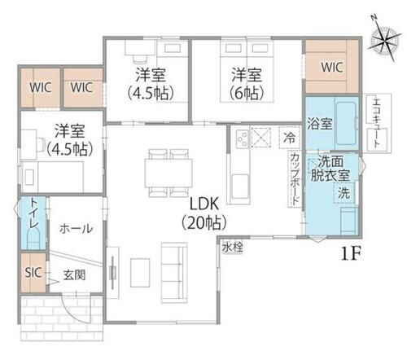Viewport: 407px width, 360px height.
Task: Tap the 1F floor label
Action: [350, 254]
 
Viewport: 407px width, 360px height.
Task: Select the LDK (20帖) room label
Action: [204, 213]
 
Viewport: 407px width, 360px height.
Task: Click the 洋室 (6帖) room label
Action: [247, 84]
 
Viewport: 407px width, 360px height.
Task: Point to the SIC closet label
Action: [33, 272]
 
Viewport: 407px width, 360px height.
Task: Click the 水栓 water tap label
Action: [232, 248]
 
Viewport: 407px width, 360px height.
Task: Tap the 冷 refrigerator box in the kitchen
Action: [290, 138]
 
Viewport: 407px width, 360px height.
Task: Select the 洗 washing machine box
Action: [344, 193]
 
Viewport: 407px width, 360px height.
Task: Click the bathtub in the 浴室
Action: [346, 124]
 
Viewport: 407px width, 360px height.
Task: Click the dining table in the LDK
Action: [168, 173]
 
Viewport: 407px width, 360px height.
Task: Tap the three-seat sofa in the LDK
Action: [174, 273]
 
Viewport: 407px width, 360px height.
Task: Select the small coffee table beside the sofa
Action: [140, 273]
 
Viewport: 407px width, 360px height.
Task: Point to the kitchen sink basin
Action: [240, 186]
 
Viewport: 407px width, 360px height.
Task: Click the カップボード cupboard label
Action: [295, 179]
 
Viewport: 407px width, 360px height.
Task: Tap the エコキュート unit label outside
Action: [377, 123]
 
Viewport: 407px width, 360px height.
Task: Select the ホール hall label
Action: [77, 229]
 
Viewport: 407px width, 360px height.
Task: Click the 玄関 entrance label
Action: [74, 275]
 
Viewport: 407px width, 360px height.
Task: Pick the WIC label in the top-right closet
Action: [332, 67]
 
